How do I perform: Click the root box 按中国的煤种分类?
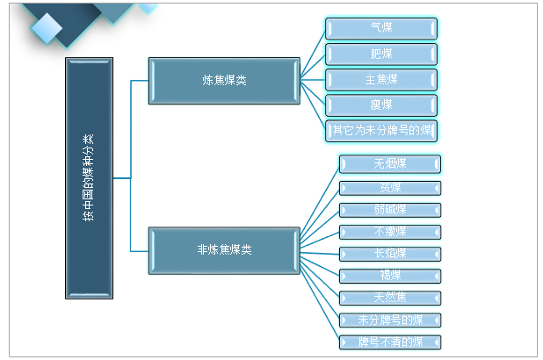pos(89,178)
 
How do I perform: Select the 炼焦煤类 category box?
pos(224,80)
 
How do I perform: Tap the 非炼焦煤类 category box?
pos(224,249)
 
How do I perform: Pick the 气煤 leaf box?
pos(381,29)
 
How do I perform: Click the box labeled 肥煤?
pos(381,54)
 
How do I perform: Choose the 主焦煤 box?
pos(381,80)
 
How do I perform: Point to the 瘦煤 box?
pos(381,105)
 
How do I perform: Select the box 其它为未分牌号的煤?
pos(381,131)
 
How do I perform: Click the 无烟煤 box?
pos(389,164)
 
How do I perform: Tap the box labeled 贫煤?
pos(389,188)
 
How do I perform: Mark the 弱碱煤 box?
pos(389,210)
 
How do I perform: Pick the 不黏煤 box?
pos(389,232)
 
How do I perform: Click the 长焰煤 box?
pos(389,254)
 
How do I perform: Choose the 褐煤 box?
pos(389,276)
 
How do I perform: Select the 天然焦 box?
pos(389,298)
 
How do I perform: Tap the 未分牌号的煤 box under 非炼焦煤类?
pos(389,320)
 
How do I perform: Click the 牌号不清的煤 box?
pos(389,342)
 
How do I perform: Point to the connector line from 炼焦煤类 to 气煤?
pos(313,54)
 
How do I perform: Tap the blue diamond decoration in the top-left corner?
pos(49,26)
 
